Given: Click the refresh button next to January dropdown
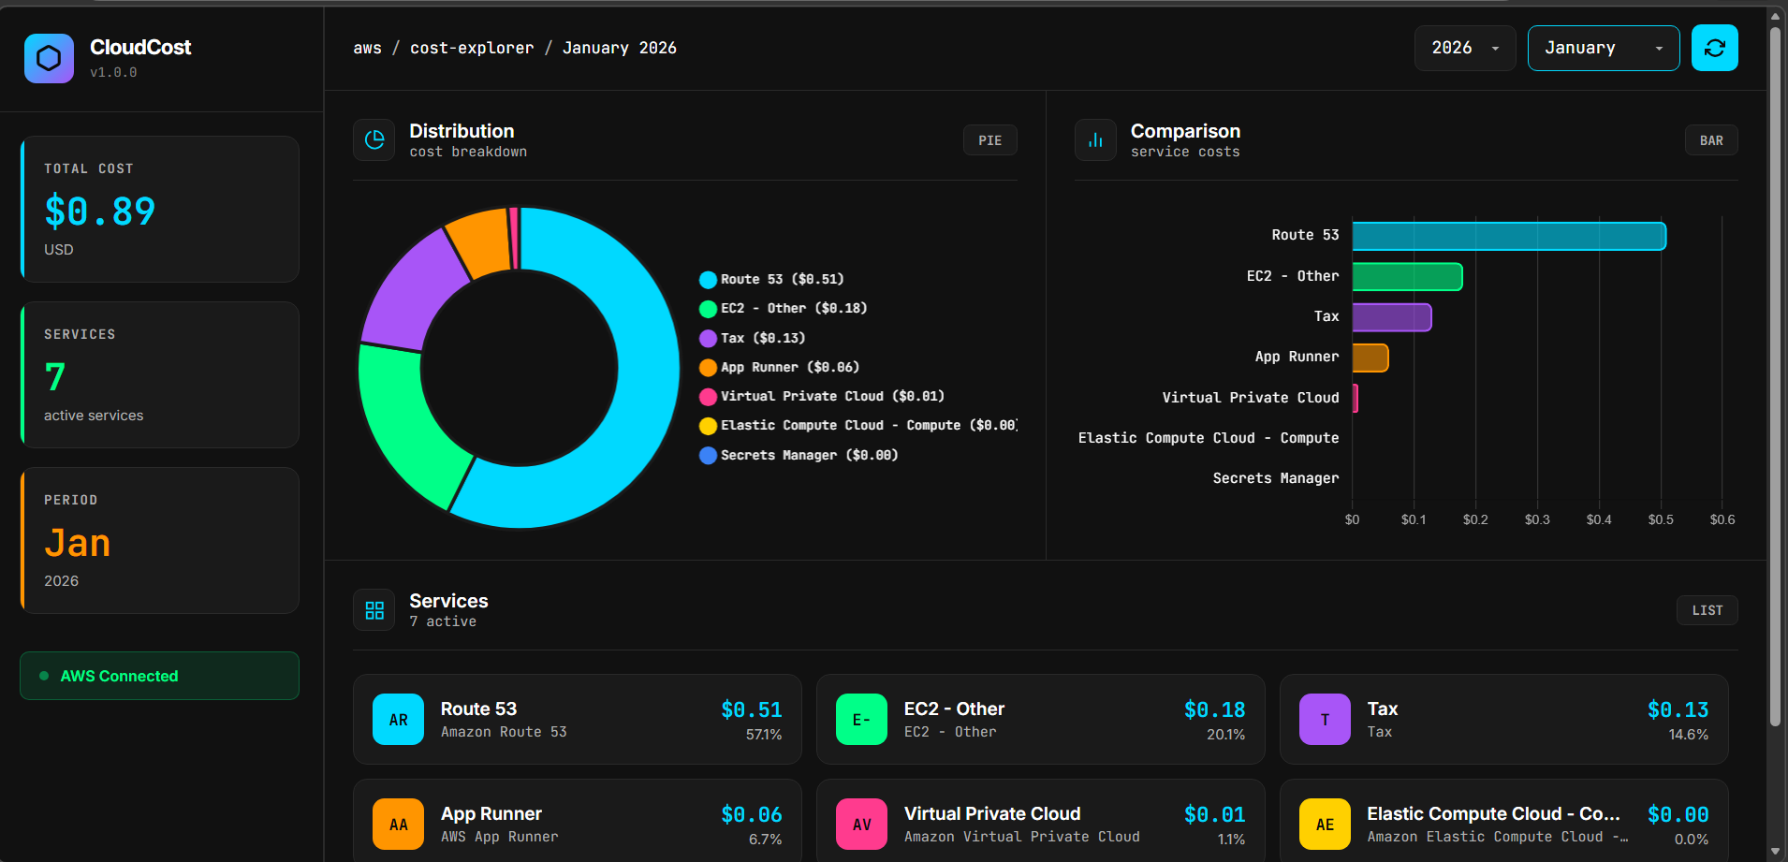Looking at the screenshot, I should [x=1714, y=48].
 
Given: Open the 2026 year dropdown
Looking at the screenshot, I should [x=1464, y=48].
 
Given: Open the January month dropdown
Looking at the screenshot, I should [x=1603, y=48].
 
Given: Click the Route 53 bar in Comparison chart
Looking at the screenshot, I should [x=1508, y=236].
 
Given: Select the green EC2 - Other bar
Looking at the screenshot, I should [x=1406, y=277].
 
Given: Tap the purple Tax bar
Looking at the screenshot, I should [x=1391, y=317].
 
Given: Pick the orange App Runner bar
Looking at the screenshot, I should [x=1370, y=358].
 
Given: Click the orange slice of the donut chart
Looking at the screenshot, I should [x=478, y=242].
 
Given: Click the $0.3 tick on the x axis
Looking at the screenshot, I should [x=1536, y=519].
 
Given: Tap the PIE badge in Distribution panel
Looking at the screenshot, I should [x=989, y=140].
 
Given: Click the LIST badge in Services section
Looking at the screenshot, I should [x=1707, y=610].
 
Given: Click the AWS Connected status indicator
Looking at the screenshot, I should [x=159, y=676].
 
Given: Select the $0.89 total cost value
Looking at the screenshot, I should [x=100, y=212].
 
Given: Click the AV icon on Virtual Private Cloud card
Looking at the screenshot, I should [x=861, y=824].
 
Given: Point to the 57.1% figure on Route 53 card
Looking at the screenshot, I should [x=763, y=735].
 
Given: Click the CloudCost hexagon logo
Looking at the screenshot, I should [x=49, y=58].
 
